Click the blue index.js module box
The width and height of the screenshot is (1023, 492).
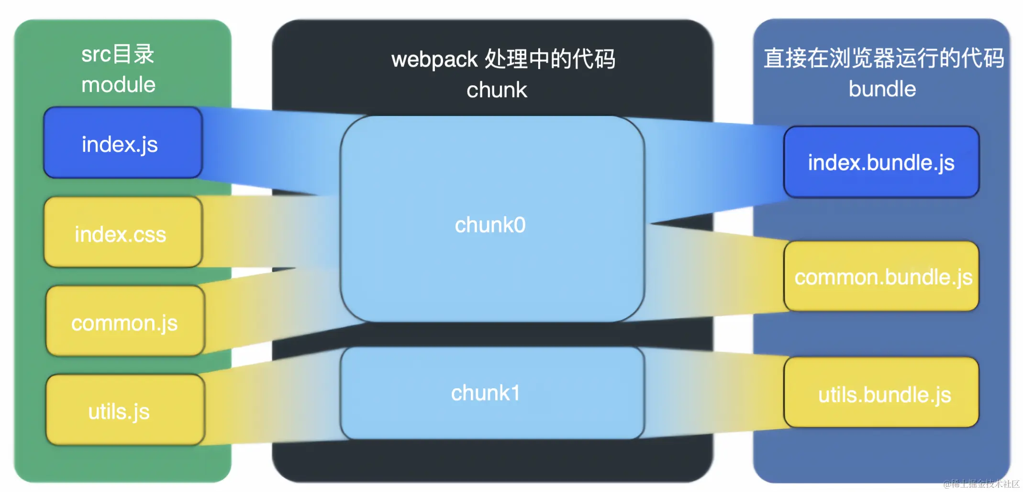click(122, 143)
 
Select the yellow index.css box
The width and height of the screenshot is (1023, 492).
click(122, 233)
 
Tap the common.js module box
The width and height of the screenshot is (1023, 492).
click(125, 322)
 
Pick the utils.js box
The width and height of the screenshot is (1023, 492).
click(125, 410)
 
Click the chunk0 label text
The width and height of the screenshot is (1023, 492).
click(490, 225)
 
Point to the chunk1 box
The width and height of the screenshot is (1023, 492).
click(492, 393)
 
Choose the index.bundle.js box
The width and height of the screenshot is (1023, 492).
click(881, 162)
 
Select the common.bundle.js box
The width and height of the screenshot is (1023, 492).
click(881, 277)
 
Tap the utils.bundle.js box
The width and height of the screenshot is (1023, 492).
click(881, 393)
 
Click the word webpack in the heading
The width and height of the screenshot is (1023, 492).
click(434, 60)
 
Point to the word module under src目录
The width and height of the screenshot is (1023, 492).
click(118, 85)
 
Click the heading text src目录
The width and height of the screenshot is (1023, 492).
click(118, 54)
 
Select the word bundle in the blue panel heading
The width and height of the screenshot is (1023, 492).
click(882, 89)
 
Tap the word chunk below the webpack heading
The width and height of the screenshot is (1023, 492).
click(497, 90)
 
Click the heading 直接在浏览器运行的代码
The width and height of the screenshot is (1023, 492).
click(883, 58)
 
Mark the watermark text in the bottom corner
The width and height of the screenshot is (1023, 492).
click(981, 484)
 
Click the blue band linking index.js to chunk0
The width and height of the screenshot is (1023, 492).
click(268, 148)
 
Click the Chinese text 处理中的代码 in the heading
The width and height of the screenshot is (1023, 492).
click(550, 59)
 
